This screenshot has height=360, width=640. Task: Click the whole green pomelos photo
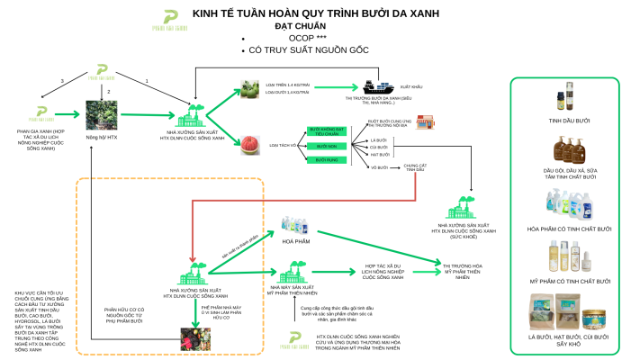coord(251,92)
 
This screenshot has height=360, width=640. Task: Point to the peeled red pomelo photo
coord(251,144)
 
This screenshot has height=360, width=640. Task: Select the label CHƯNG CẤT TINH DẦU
coord(413,167)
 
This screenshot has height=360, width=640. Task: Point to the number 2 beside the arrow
coord(108,92)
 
